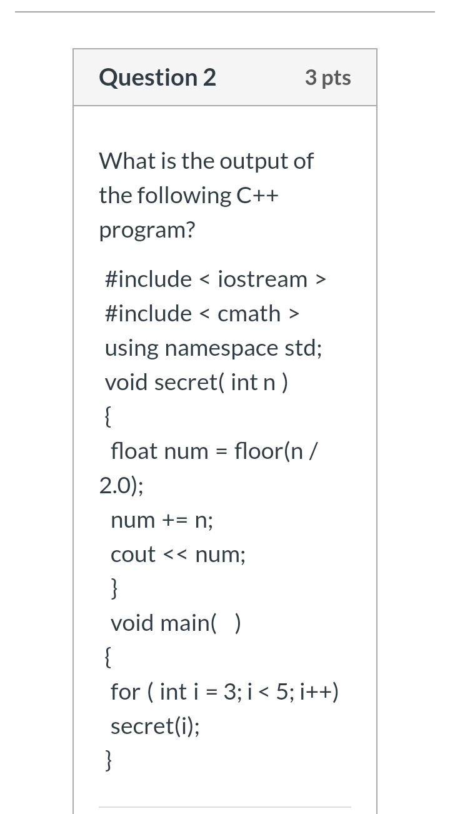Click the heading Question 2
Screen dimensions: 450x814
point(157,78)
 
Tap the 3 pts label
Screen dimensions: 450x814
point(328,78)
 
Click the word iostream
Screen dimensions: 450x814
point(262,279)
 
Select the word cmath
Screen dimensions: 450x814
point(249,314)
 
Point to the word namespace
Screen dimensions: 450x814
point(222,349)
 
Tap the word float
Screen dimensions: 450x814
point(134,451)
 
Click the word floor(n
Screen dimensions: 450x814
point(269,451)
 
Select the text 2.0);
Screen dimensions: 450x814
point(121,486)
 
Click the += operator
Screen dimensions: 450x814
point(175,520)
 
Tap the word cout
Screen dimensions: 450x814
point(133,555)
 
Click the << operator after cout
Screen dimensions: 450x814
point(176,555)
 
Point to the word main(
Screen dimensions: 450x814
point(189,623)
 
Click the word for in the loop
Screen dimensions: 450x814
point(125,692)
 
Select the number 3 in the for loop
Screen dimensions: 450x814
point(230,692)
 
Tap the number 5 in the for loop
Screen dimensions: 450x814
point(282,692)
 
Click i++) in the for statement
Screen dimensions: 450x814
point(319,692)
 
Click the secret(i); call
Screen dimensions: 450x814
point(155,726)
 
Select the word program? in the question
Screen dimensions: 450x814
point(147,231)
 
